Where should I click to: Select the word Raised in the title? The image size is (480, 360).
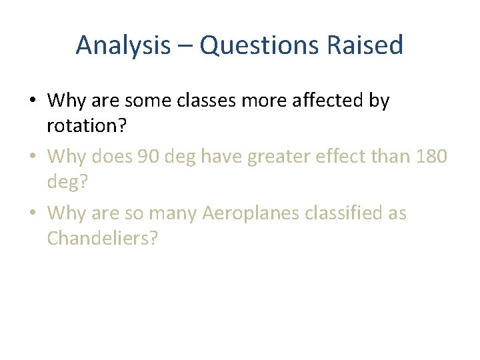(x=370, y=45)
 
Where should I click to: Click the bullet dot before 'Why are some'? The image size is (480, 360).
(x=32, y=101)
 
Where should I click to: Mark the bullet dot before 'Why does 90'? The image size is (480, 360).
(x=32, y=157)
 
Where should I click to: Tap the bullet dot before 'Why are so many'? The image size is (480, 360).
(x=32, y=214)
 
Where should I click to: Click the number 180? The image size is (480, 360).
(x=432, y=157)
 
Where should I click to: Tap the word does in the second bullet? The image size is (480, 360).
(x=110, y=157)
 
